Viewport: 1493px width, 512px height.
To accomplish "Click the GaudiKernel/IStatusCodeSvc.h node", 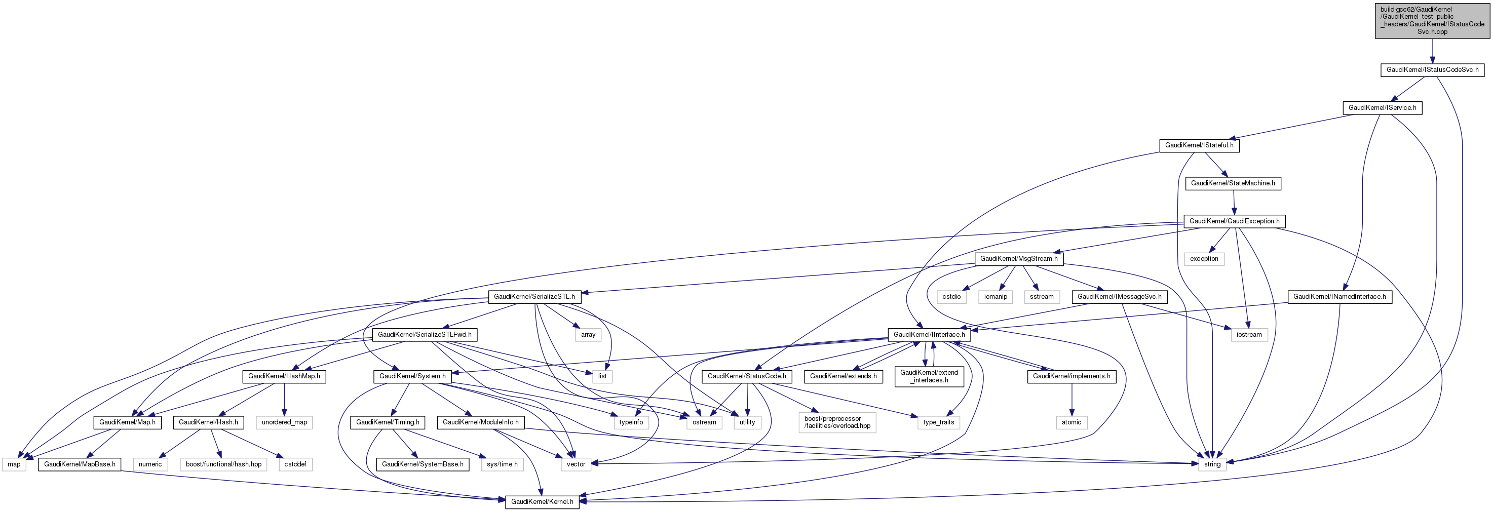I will coord(1432,70).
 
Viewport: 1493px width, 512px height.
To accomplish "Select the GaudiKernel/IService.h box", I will coord(1382,108).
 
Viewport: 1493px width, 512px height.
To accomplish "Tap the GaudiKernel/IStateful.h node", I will coord(1199,145).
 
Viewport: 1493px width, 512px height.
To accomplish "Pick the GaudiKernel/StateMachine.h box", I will coord(1233,183).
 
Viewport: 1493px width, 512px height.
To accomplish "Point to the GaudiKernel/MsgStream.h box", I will coord(1018,259).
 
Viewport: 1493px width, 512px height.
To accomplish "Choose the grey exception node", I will coord(1204,259).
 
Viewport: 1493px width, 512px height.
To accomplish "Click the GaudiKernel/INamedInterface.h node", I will coord(1339,297).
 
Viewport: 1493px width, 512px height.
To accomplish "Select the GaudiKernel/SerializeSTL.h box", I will coord(534,297).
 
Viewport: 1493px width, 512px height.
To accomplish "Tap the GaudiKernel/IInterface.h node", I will coord(929,335).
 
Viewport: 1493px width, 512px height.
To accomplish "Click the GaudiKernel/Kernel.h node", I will coord(542,501).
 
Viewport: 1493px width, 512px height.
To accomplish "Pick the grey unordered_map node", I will coord(284,422).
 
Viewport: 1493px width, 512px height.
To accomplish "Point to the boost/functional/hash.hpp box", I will coord(223,464).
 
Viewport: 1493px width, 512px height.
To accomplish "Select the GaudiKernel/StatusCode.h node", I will coord(747,376).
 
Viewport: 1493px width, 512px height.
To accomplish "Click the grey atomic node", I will coord(1071,422).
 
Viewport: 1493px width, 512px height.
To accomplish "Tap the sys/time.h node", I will coord(502,464).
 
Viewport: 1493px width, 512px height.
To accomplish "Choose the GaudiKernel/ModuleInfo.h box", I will coord(480,422).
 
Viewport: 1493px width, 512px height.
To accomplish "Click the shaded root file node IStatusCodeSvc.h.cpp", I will coord(1432,21).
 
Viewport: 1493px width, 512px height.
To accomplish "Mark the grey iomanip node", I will coord(995,297).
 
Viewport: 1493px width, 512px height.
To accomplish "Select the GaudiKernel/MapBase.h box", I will coord(80,464).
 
